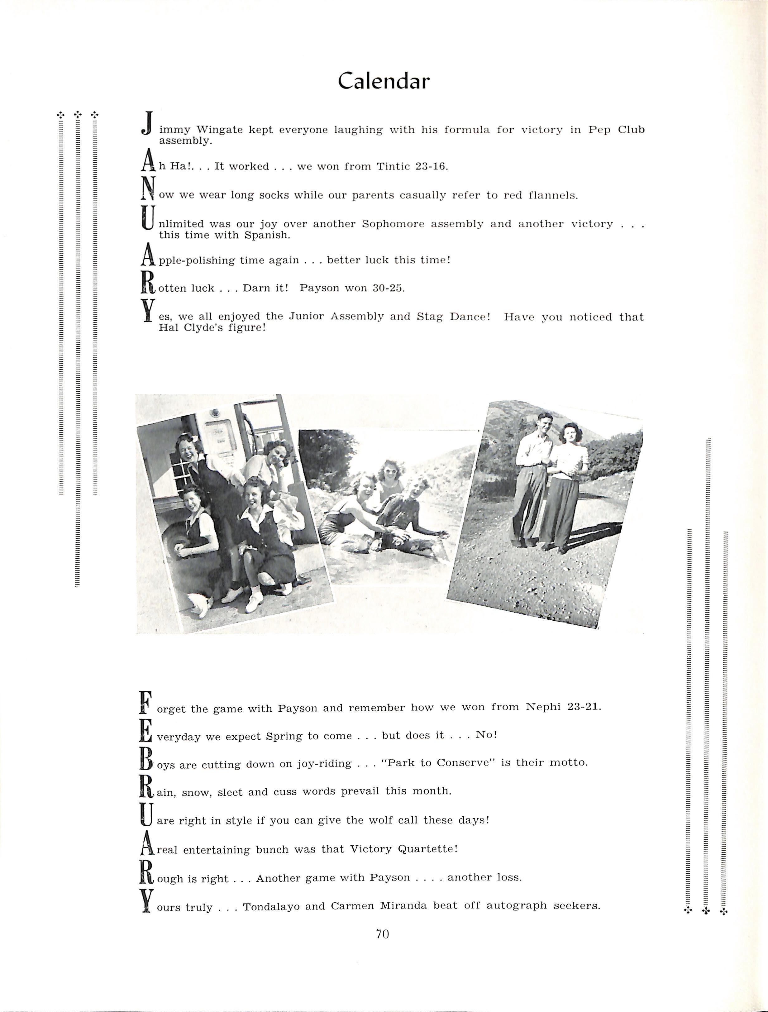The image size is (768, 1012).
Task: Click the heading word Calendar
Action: [384, 81]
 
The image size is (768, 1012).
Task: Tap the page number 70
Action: [382, 934]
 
